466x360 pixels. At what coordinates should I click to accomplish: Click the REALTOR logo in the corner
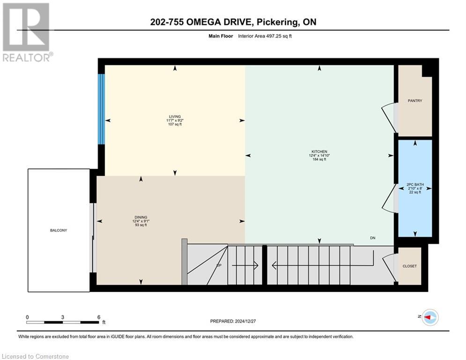27,32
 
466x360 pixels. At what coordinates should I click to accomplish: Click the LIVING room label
175,117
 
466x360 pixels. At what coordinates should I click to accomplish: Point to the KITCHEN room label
319,151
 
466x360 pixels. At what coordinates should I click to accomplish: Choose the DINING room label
141,217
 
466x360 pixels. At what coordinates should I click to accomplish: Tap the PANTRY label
415,100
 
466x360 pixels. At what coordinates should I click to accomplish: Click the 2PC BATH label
415,185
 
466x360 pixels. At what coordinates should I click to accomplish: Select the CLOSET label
409,266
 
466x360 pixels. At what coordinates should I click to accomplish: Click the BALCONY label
59,230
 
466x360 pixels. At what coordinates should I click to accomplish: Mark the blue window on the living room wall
101,109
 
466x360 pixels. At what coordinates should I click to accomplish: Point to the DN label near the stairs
373,238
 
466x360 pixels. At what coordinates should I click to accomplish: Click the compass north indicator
429,317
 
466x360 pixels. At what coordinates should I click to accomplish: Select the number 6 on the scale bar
99,317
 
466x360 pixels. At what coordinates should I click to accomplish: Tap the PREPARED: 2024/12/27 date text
234,321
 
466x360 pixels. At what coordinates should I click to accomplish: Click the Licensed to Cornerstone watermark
35,357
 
